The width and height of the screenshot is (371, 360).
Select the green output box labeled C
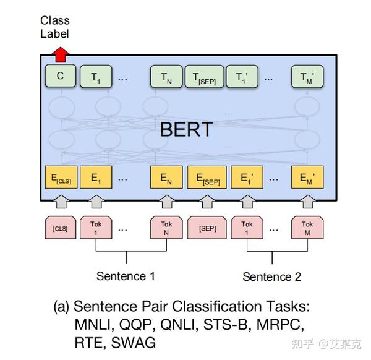coord(60,77)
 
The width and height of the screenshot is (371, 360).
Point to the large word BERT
coord(185,129)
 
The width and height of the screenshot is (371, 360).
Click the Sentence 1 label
coord(126,276)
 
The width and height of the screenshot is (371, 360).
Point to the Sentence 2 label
coord(271,276)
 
